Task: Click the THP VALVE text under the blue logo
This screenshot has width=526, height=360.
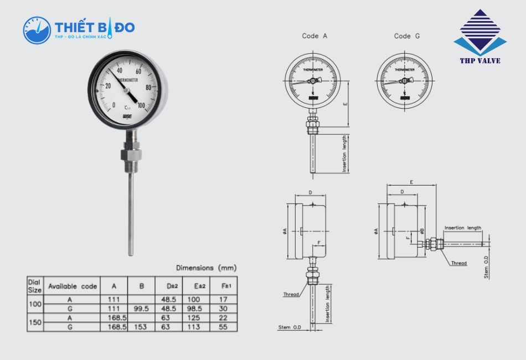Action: pyautogui.click(x=479, y=60)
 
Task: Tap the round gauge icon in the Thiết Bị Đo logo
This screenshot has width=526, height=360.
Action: pyautogui.click(x=37, y=30)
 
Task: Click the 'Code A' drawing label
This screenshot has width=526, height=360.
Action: pyautogui.click(x=314, y=36)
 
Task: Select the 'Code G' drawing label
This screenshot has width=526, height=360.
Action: pyautogui.click(x=406, y=36)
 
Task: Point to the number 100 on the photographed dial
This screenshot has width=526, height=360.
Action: pyautogui.click(x=141, y=105)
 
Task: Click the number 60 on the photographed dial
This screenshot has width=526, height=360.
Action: pyautogui.click(x=140, y=71)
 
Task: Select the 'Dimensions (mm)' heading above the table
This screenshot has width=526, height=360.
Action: pyautogui.click(x=205, y=268)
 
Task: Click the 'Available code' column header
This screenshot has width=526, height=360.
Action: pyautogui.click(x=72, y=286)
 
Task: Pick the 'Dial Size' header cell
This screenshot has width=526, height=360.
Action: pyautogui.click(x=35, y=286)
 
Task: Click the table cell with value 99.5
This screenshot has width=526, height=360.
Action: pyautogui.click(x=141, y=308)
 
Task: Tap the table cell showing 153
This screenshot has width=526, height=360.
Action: pyautogui.click(x=141, y=327)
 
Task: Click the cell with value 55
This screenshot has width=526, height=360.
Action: pyautogui.click(x=224, y=327)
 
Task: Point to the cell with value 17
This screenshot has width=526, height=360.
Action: pyautogui.click(x=224, y=300)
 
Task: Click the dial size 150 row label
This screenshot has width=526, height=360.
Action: pyautogui.click(x=35, y=322)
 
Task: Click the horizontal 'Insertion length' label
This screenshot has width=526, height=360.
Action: pyautogui.click(x=463, y=228)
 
